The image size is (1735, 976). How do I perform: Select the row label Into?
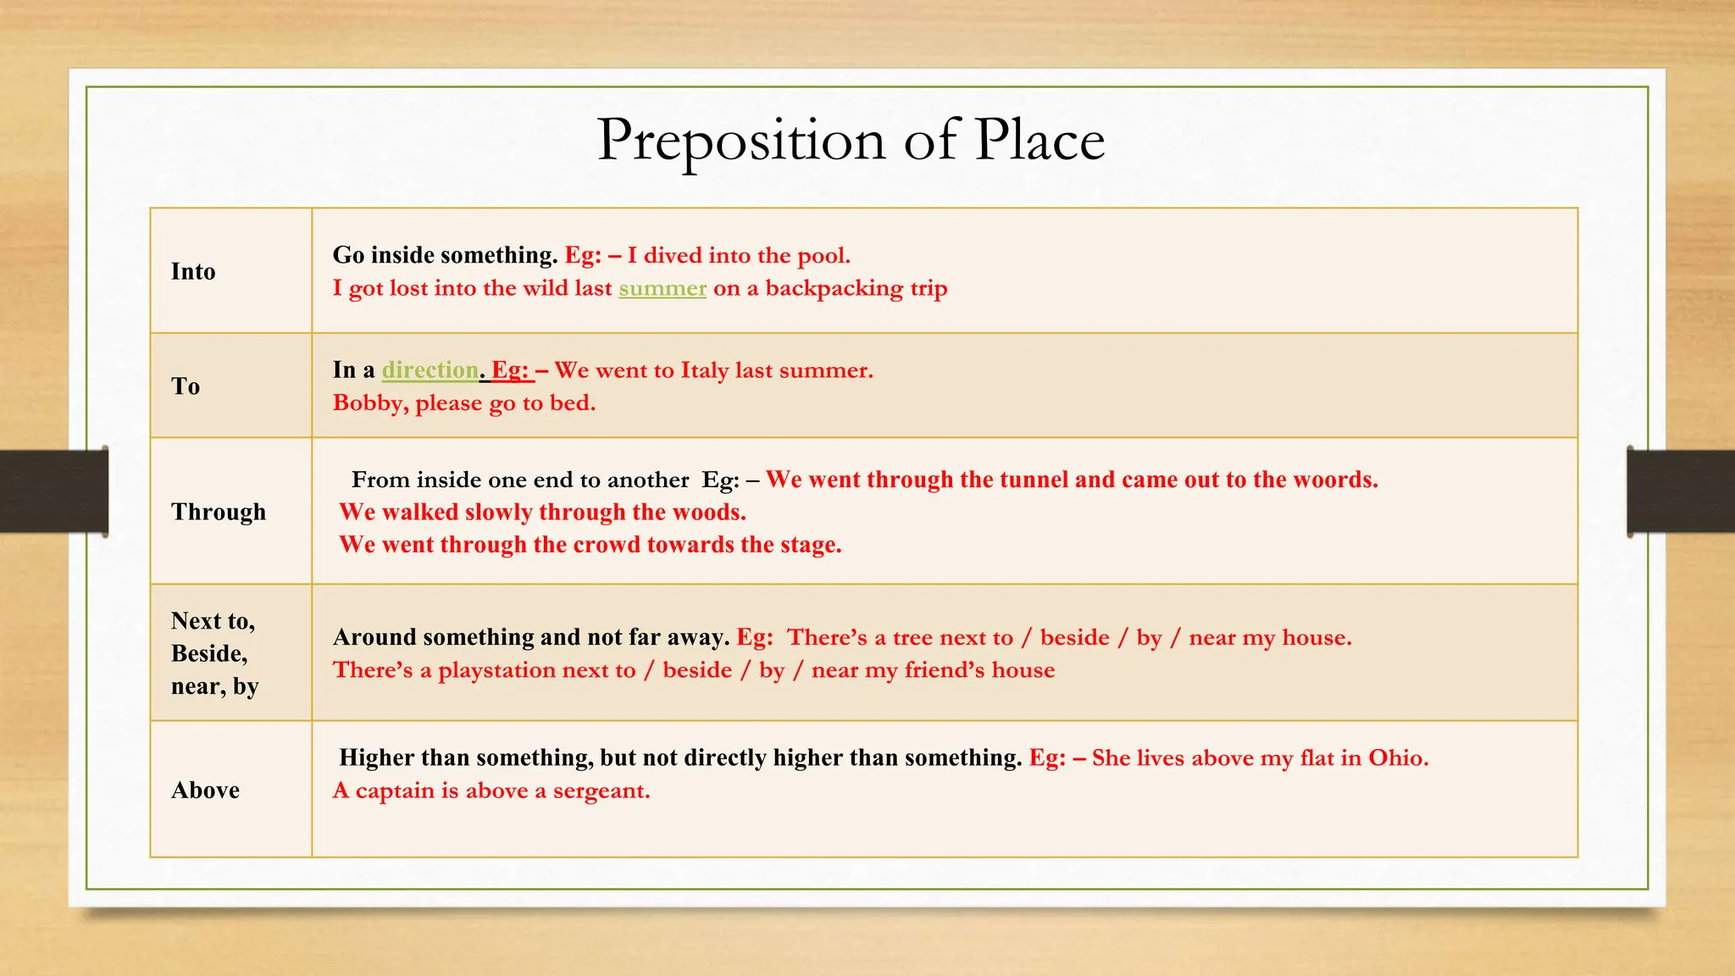pyautogui.click(x=193, y=271)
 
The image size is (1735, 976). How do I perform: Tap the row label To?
pyautogui.click(x=186, y=386)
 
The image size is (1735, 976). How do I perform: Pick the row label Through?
pyautogui.click(x=219, y=512)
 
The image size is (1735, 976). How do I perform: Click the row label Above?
pyautogui.click(x=205, y=790)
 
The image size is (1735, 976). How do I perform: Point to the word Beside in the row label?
pyautogui.click(x=208, y=653)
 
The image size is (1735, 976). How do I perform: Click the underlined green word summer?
pyautogui.click(x=662, y=289)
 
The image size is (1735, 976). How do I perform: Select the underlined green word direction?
pyautogui.click(x=430, y=370)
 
